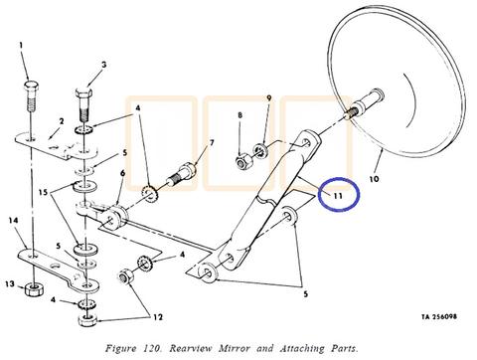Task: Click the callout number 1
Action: (21, 45)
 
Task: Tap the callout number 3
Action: (104, 65)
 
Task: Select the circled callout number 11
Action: (338, 196)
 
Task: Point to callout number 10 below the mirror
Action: (374, 179)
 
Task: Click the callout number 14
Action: (13, 220)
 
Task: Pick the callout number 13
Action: (10, 284)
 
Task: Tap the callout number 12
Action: (158, 317)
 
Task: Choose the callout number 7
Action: (211, 143)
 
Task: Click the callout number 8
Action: (239, 115)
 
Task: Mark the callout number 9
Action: (269, 98)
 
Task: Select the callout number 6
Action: (122, 173)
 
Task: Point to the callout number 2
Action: (62, 121)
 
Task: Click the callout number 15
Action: (43, 192)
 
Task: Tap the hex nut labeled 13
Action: (34, 289)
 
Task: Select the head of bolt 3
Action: (83, 93)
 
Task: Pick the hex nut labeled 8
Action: (244, 161)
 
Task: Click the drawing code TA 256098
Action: (439, 316)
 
